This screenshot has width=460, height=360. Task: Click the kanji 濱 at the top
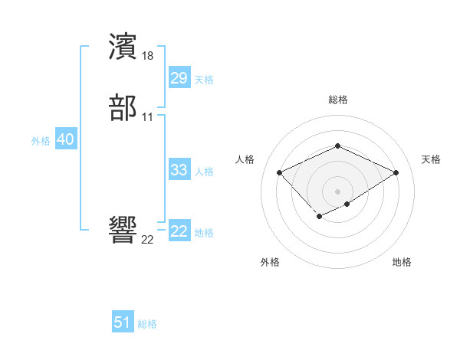tap(123, 47)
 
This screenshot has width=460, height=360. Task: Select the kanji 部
tap(123, 109)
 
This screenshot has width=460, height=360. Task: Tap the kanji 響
tap(123, 231)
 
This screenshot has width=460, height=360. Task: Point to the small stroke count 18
tap(148, 56)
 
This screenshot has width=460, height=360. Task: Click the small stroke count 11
tap(147, 117)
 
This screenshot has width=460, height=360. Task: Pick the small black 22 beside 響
tap(147, 240)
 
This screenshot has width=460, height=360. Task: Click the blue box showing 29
tap(179, 78)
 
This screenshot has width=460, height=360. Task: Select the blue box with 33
tap(179, 170)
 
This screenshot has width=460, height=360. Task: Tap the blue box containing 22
tap(179, 232)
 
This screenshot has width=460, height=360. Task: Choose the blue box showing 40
tap(65, 139)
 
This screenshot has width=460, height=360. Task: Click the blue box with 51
tap(123, 322)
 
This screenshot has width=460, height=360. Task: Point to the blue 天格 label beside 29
tap(204, 80)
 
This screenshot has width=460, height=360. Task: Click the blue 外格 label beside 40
tap(41, 141)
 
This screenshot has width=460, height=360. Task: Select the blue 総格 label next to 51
tap(147, 324)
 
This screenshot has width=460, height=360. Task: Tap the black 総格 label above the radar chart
tap(337, 100)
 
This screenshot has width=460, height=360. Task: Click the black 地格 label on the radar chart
tap(402, 263)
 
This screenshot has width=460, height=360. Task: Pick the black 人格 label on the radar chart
tap(245, 159)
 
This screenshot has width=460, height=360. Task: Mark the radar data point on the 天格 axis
tap(396, 172)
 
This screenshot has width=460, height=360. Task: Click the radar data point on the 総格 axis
tap(337, 146)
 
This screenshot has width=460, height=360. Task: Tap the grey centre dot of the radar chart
tap(337, 191)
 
